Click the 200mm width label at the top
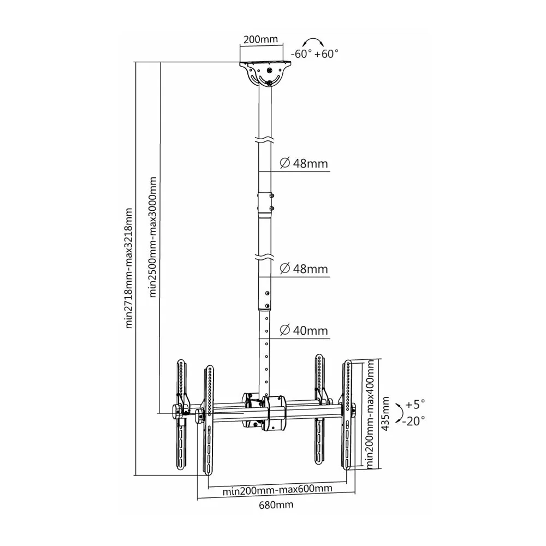(260, 40)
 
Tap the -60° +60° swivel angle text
(314, 54)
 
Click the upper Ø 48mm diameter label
(304, 163)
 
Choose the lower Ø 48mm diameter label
(304, 269)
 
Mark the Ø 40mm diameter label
(304, 330)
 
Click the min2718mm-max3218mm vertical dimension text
(129, 268)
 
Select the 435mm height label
(385, 414)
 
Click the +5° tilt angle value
(415, 405)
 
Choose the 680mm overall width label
(275, 505)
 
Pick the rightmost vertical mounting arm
(348, 416)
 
